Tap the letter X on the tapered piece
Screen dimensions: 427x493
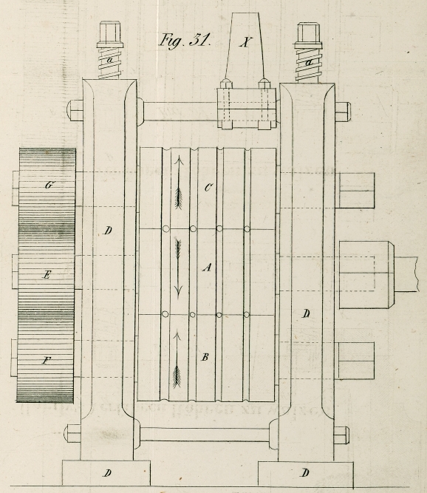pos(245,42)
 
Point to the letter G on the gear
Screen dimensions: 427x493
pos(49,185)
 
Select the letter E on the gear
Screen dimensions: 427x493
pos(47,275)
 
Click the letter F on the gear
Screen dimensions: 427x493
pos(47,360)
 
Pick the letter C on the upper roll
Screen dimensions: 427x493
pos(208,188)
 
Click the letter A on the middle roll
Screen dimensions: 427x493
pos(207,268)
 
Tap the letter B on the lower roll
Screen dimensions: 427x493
pos(205,357)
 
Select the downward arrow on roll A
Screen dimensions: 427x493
pos(179,269)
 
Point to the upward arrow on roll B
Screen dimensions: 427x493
pos(177,358)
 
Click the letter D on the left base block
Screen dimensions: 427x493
pos(107,473)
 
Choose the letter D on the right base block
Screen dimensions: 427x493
pos(305,472)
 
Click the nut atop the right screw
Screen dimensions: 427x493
pos(308,35)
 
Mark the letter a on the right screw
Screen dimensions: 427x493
pos(310,63)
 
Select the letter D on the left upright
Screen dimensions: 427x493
pos(107,231)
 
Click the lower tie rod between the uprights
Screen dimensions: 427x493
pos(204,434)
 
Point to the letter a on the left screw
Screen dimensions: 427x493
pos(109,60)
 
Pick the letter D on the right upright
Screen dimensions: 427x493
pos(307,313)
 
